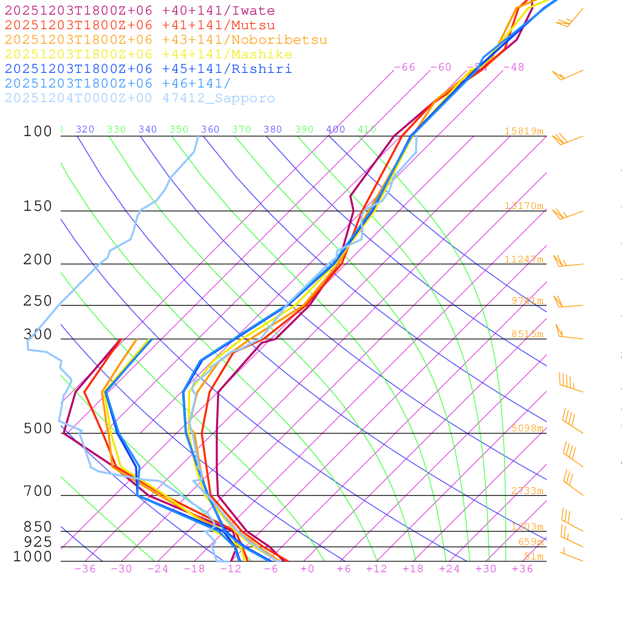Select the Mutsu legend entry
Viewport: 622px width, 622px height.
[140, 26]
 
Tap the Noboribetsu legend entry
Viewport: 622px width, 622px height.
[166, 40]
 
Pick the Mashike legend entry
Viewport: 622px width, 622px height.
[148, 55]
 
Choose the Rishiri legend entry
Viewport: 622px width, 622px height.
[148, 69]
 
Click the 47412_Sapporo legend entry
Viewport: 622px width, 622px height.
[140, 98]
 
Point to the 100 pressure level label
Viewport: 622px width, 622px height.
[38, 131]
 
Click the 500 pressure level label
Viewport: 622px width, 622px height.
[38, 429]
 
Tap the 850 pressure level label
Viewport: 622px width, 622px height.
[38, 527]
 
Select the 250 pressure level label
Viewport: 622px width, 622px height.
[38, 301]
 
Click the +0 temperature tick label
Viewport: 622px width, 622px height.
[307, 569]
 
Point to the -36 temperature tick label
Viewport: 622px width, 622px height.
[84, 569]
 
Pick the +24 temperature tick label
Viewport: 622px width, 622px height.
[449, 569]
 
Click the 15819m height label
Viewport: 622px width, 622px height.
[524, 131]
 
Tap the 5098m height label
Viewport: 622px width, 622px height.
[527, 428]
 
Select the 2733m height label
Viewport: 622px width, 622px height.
[527, 491]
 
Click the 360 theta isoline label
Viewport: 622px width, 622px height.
[210, 129]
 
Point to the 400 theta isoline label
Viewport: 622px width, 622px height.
[335, 129]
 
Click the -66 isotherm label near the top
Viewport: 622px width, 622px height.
[405, 67]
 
